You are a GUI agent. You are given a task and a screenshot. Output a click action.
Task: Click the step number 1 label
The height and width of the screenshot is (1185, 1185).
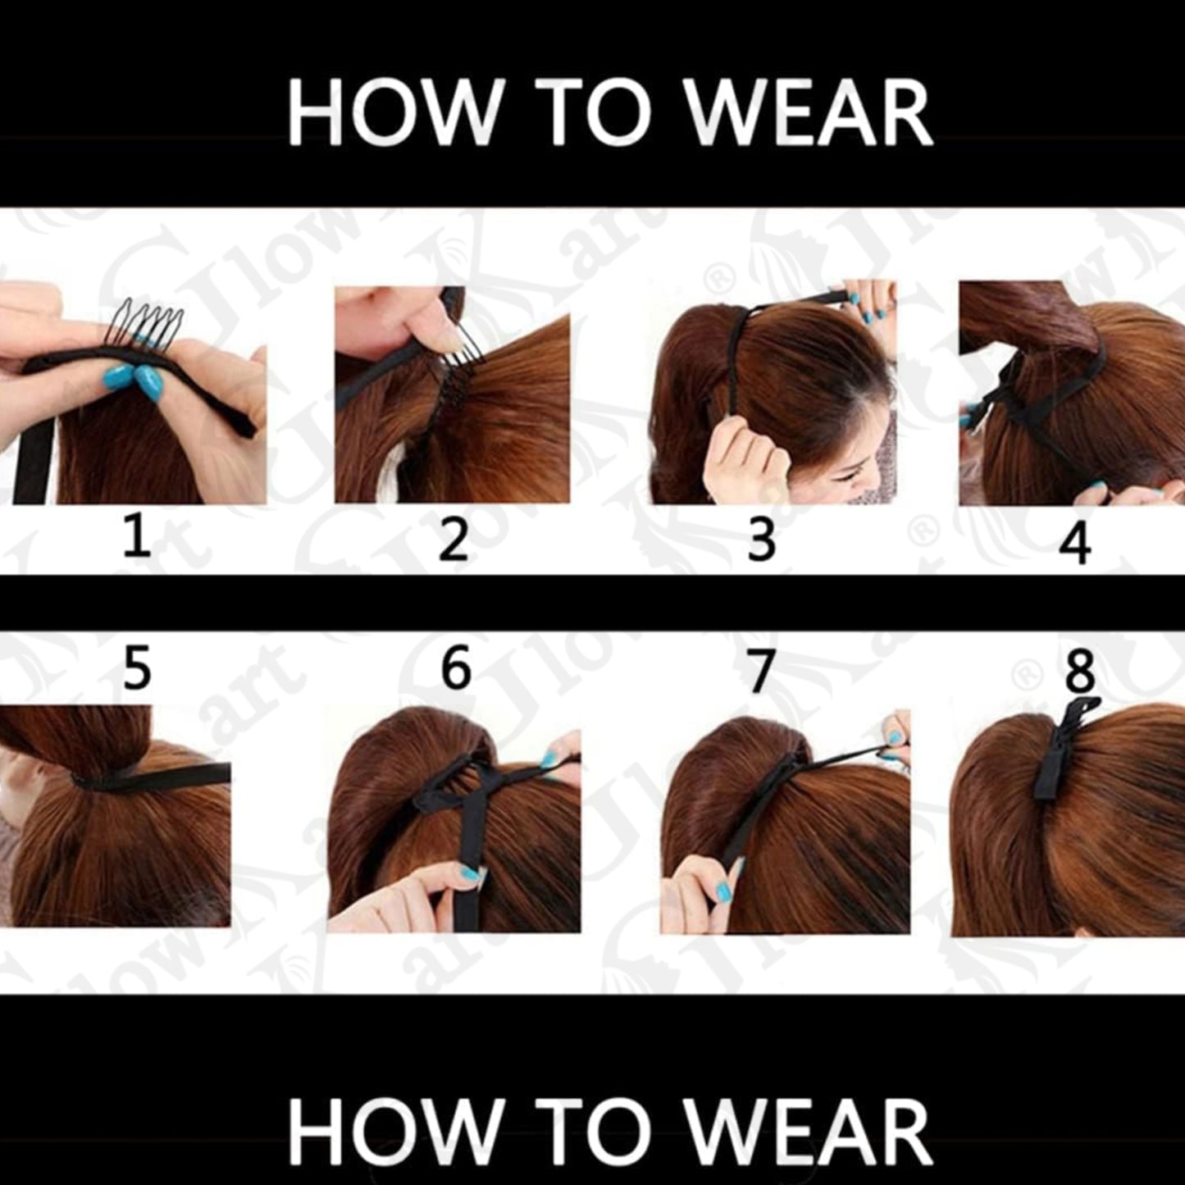pyautogui.click(x=137, y=540)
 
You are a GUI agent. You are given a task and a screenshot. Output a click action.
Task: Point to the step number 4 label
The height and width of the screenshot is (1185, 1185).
pyautogui.click(x=1075, y=543)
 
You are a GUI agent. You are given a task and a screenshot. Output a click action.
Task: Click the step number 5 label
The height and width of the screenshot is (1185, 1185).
pyautogui.click(x=137, y=669)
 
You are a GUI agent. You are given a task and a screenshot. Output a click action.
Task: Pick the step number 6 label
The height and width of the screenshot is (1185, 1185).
pyautogui.click(x=456, y=668)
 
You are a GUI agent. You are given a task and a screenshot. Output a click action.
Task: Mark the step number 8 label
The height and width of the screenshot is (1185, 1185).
pyautogui.click(x=1079, y=672)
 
